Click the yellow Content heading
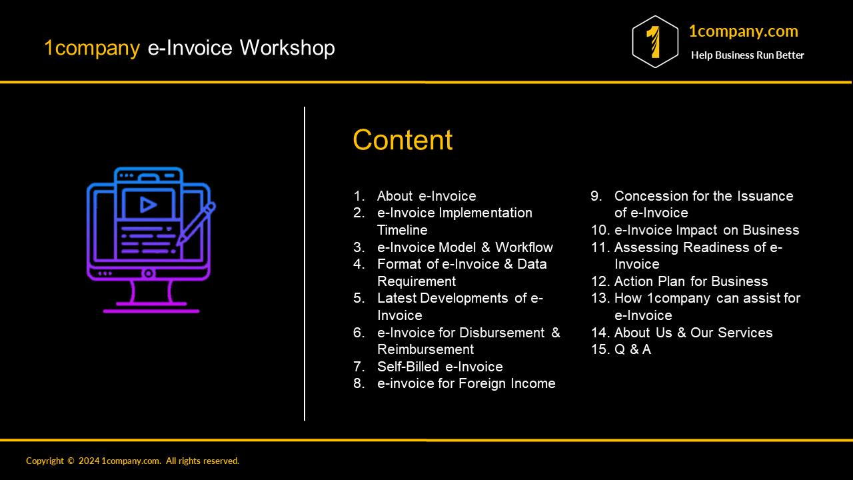click(403, 140)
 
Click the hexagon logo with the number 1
click(655, 42)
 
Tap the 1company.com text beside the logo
click(743, 31)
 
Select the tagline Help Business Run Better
click(747, 55)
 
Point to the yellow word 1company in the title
click(92, 48)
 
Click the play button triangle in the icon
click(149, 205)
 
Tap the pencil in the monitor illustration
click(197, 223)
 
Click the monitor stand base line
click(151, 311)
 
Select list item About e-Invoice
click(426, 196)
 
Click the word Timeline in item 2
click(402, 230)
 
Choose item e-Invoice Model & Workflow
click(464, 247)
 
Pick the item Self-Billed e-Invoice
click(440, 367)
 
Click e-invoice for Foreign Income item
click(466, 383)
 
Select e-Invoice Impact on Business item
click(706, 230)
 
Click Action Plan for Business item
click(690, 281)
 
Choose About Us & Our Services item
click(693, 333)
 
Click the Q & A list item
click(632, 349)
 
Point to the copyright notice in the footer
click(133, 461)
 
